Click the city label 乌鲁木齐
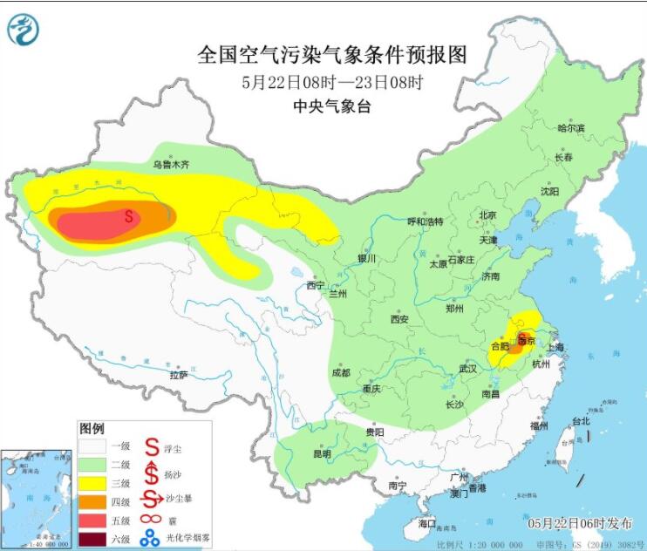coord(171,164)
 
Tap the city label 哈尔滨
coord(571,128)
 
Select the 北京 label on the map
coord(487,215)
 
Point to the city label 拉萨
coord(179,375)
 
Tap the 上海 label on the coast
coord(555,347)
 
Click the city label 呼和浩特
coord(426,221)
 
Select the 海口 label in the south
coord(426,523)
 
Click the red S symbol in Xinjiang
coord(129,214)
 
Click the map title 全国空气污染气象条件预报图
coord(332,55)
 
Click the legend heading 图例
coord(92,429)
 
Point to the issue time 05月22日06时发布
coord(580,523)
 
